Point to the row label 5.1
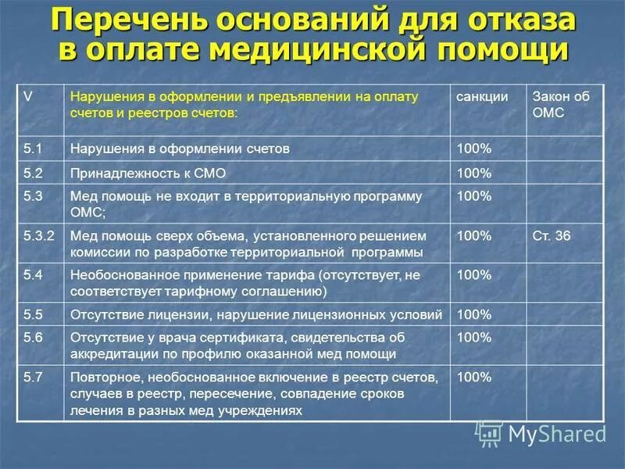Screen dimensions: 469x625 click(33, 148)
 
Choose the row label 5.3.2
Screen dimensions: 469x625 click(39, 235)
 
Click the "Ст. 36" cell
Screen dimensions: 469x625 click(552, 235)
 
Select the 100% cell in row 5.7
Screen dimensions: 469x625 click(473, 377)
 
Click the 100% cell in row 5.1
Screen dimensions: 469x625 click(473, 148)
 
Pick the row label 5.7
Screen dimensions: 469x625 click(33, 377)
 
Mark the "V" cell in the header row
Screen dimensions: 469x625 click(28, 97)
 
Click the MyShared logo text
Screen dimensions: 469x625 click(555, 432)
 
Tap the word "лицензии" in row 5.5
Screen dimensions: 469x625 click(171, 315)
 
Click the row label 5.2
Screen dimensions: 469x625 click(33, 173)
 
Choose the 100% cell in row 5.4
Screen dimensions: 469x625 click(473, 275)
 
